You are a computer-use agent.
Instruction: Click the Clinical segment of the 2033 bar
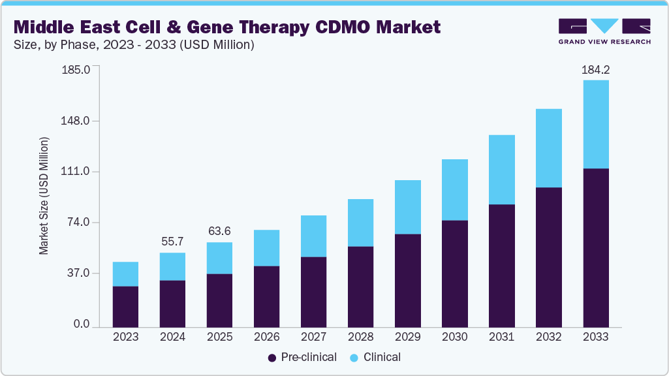pyautogui.click(x=595, y=124)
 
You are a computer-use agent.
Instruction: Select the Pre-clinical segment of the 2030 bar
pyautogui.click(x=454, y=274)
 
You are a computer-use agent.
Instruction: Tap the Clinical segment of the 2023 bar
pyautogui.click(x=125, y=274)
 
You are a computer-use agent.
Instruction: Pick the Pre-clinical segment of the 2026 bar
pyautogui.click(x=266, y=296)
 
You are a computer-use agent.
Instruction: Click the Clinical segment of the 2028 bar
pyautogui.click(x=360, y=223)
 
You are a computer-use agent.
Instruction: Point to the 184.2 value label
pyautogui.click(x=595, y=70)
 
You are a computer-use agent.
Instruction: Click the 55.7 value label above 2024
pyautogui.click(x=172, y=242)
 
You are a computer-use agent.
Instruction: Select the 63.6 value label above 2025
pyautogui.click(x=219, y=232)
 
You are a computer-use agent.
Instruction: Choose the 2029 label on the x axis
pyautogui.click(x=407, y=337)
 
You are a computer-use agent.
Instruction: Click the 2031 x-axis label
pyautogui.click(x=501, y=337)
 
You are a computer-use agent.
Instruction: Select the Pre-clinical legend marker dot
pyautogui.click(x=272, y=358)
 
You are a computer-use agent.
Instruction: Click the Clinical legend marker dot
pyautogui.click(x=354, y=358)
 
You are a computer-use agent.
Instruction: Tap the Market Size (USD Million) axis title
pyautogui.click(x=44, y=196)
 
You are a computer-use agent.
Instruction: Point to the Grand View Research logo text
pyautogui.click(x=604, y=42)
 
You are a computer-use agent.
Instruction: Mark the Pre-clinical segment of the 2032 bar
pyautogui.click(x=548, y=257)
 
